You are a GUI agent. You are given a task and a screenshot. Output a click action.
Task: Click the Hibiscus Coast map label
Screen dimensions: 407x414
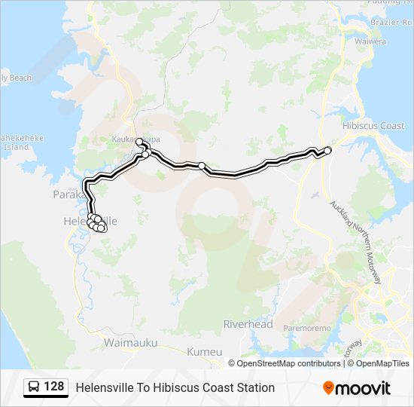(x=373, y=126)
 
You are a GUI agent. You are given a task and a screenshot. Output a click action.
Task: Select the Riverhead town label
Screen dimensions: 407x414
(x=248, y=324)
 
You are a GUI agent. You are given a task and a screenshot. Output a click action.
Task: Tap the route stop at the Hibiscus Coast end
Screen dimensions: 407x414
(x=327, y=150)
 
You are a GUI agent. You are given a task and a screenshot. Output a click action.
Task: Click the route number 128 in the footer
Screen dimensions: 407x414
(x=53, y=387)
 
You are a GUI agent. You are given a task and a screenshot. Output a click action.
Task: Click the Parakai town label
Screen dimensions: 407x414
(x=65, y=194)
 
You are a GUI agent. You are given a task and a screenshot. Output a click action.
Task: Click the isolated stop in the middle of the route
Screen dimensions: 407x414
(x=202, y=166)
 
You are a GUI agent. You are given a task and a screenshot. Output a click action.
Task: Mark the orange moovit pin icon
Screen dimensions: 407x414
(x=327, y=387)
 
